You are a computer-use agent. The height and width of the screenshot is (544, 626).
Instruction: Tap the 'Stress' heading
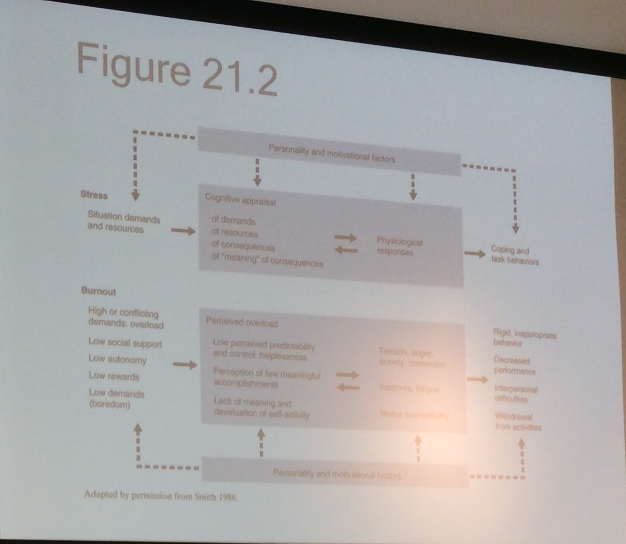click(94, 195)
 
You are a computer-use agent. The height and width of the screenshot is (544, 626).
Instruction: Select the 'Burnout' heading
click(98, 291)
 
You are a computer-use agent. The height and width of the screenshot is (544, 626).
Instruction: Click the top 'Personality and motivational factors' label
click(332, 154)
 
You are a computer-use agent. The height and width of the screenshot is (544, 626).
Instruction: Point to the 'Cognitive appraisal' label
click(240, 200)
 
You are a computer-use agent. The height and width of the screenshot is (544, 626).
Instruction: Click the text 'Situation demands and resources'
click(123, 223)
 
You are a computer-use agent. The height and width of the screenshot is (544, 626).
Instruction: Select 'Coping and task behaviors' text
click(514, 256)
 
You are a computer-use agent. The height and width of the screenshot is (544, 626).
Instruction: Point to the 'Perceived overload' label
click(241, 322)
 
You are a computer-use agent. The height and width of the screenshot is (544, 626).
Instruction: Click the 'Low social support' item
click(125, 343)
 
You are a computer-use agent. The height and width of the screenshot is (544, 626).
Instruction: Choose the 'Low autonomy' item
click(117, 360)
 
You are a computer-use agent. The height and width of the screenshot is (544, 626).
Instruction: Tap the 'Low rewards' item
click(114, 376)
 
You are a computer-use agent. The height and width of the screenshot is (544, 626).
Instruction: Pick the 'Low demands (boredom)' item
click(116, 398)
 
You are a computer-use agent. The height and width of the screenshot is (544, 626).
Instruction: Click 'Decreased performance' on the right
click(514, 365)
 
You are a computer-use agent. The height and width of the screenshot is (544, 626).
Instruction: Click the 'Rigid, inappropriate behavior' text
click(524, 337)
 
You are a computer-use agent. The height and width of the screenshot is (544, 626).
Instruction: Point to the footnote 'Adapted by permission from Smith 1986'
click(161, 496)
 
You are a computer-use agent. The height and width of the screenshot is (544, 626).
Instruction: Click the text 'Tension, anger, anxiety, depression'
click(412, 357)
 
